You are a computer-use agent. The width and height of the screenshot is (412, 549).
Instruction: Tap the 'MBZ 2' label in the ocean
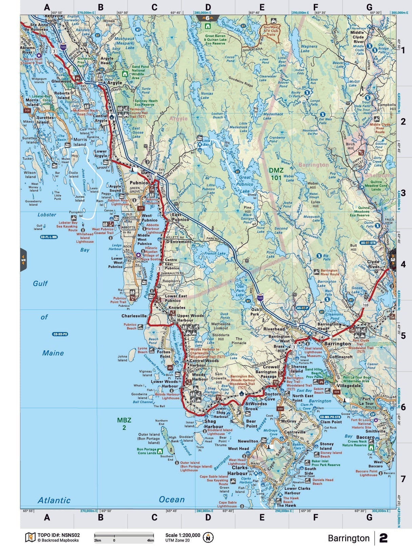[124, 424]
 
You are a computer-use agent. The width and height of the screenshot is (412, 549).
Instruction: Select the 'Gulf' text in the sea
[40, 283]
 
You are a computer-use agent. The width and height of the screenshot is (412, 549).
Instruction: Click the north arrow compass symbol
[208, 537]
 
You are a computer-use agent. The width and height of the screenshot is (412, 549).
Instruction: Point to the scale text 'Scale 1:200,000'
[183, 535]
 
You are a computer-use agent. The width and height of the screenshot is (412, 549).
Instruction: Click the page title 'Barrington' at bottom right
[349, 538]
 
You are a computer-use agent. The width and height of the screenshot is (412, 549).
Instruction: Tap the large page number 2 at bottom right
[383, 538]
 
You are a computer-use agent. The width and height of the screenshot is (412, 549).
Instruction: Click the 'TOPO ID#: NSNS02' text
[58, 535]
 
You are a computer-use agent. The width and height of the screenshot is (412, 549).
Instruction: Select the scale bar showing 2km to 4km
[124, 537]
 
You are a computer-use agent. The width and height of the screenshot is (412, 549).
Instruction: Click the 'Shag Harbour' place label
[213, 424]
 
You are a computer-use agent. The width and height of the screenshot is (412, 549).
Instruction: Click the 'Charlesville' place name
[134, 316]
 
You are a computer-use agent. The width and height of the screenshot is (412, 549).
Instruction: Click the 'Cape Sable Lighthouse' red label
[227, 504]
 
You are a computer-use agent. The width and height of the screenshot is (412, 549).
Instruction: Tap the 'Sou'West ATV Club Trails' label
[271, 31]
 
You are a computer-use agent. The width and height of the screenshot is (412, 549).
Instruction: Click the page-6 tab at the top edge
[208, 18]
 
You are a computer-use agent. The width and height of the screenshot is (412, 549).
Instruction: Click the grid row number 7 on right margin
[403, 479]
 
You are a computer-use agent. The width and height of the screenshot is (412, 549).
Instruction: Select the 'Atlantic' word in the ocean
[54, 500]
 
